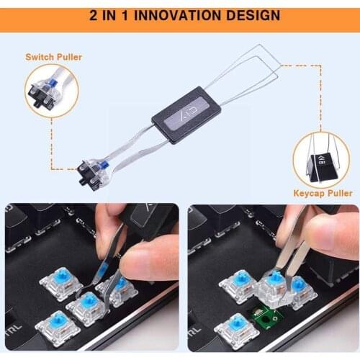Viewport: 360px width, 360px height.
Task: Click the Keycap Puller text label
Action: click(323, 193)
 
